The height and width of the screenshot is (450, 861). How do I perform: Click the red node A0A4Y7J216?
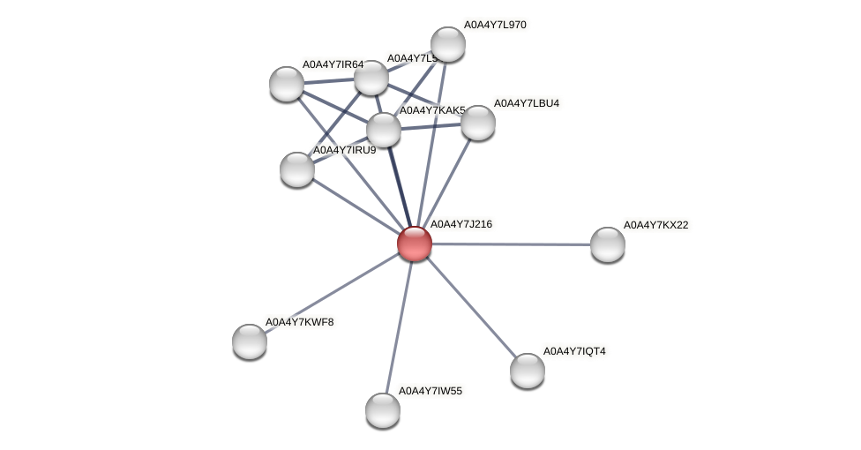click(x=415, y=244)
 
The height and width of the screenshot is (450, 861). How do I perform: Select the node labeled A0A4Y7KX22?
click(x=607, y=244)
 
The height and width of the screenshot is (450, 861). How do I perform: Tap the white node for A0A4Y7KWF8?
click(x=250, y=341)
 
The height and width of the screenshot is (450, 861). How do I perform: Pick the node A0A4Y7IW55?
click(x=383, y=409)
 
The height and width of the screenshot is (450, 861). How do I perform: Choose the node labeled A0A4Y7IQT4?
click(x=528, y=370)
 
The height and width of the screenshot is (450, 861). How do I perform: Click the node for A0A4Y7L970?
click(x=448, y=44)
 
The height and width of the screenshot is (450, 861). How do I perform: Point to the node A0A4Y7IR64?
click(x=287, y=83)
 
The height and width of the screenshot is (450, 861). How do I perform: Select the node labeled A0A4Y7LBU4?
click(x=478, y=123)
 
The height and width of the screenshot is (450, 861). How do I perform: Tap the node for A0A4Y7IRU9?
click(x=297, y=169)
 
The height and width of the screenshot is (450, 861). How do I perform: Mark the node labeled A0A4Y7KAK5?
click(x=384, y=130)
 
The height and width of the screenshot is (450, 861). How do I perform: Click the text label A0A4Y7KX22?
click(x=655, y=225)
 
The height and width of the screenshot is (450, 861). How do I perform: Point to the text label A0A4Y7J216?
click(x=460, y=224)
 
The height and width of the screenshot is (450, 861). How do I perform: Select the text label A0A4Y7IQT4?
click(x=574, y=351)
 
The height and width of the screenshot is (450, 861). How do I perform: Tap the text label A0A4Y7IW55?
click(x=430, y=390)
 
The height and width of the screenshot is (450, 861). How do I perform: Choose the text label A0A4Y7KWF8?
click(x=300, y=322)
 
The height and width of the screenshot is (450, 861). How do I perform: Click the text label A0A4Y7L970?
click(x=495, y=25)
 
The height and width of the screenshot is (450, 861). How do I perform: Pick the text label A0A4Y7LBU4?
click(x=526, y=103)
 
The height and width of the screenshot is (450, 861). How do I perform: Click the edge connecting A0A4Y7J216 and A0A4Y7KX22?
click(x=512, y=244)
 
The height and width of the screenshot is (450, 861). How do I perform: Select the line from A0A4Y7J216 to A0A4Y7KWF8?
click(x=332, y=292)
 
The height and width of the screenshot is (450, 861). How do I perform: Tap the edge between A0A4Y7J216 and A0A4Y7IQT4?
click(x=471, y=307)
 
